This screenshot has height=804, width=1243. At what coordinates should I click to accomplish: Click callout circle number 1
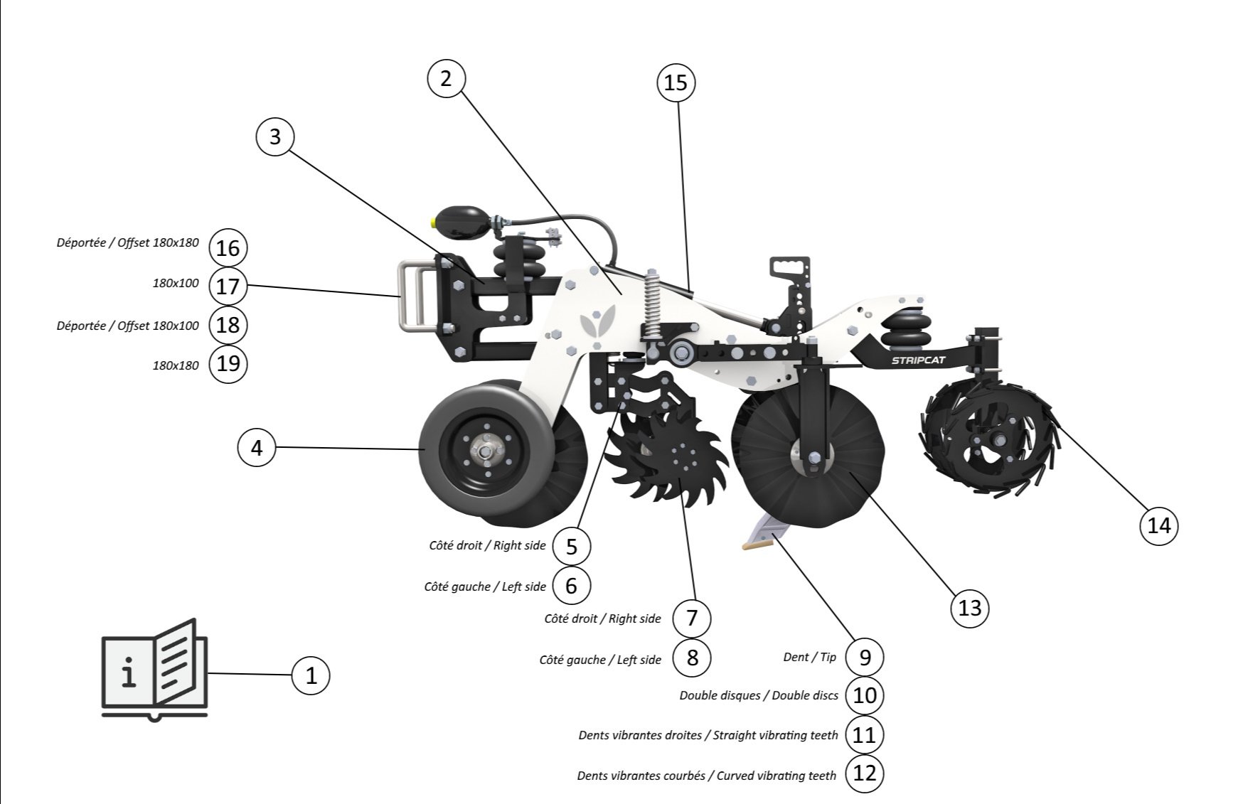[x=311, y=675]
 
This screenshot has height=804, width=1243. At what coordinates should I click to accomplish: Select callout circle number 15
[x=676, y=82]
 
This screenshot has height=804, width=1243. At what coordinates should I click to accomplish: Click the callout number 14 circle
[x=1158, y=526]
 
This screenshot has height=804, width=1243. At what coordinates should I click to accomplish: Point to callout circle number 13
[x=970, y=608]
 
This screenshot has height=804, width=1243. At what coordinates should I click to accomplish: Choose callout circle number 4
[x=257, y=448]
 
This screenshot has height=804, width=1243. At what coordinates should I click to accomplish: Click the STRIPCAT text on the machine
[x=919, y=360]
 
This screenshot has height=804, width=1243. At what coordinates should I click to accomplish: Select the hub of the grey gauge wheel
[x=484, y=451]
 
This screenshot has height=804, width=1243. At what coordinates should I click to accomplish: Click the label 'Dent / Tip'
[x=809, y=657]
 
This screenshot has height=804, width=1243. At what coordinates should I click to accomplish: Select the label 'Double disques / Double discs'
[x=759, y=695]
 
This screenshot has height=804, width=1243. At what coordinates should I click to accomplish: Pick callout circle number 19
[x=228, y=364]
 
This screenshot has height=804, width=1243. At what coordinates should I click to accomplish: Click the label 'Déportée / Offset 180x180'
[x=128, y=242]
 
